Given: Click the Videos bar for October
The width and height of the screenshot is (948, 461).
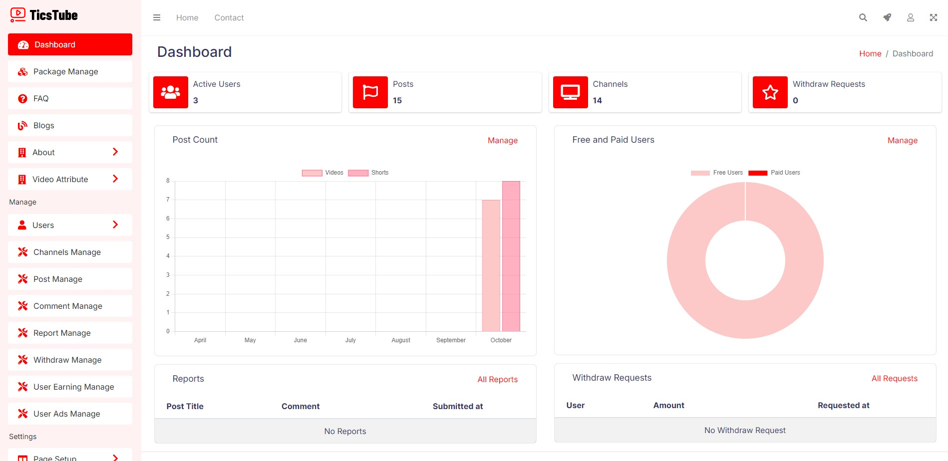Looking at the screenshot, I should click(491, 265).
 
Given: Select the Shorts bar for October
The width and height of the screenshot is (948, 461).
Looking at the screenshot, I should click(511, 256).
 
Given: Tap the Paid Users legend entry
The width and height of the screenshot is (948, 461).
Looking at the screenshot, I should click(774, 173).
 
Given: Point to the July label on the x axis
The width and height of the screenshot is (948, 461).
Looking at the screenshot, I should click(350, 340).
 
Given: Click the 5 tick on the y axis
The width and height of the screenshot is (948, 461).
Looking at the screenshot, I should click(168, 237).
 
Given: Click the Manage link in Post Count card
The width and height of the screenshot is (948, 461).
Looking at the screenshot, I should click(502, 141).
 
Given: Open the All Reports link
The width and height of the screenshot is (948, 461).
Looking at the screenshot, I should click(497, 380).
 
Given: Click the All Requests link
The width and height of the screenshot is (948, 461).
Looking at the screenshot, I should click(894, 379).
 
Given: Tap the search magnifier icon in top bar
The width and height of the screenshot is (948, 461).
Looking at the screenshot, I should click(863, 17).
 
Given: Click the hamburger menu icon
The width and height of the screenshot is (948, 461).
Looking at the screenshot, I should click(157, 17).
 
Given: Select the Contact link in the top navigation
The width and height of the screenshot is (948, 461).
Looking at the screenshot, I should click(229, 18).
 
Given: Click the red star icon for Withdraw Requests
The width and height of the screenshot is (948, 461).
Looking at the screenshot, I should click(770, 92).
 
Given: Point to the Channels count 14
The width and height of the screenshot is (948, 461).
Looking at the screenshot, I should click(597, 101).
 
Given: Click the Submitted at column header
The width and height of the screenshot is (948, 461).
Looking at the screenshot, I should click(457, 407).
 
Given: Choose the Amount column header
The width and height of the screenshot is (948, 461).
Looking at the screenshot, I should click(668, 406).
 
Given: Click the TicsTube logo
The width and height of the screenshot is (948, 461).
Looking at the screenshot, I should click(44, 15).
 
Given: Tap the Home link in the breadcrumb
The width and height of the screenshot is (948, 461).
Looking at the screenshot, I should click(870, 54).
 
